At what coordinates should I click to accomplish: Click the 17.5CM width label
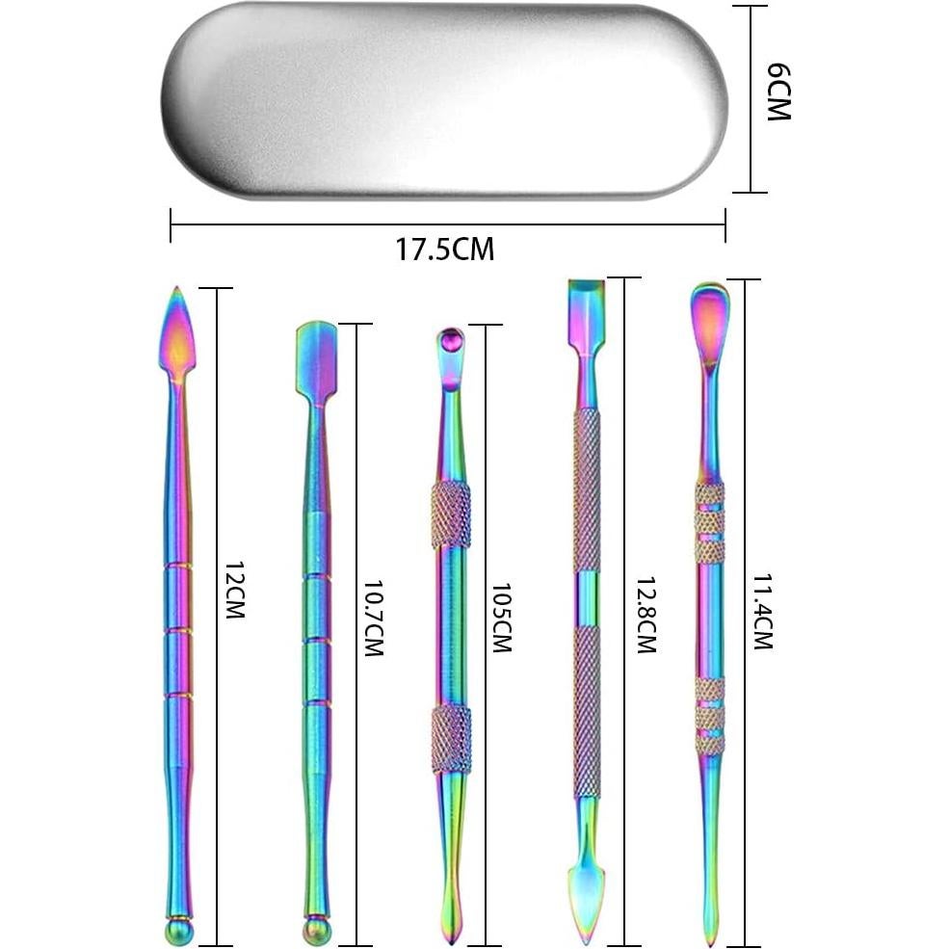445,249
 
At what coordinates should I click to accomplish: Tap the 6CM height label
778,92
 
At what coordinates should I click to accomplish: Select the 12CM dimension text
234,590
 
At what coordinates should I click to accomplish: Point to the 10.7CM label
373,619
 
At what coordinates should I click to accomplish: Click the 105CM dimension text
501,618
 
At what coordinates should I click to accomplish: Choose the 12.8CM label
646,615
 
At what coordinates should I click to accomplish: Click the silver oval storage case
445,101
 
